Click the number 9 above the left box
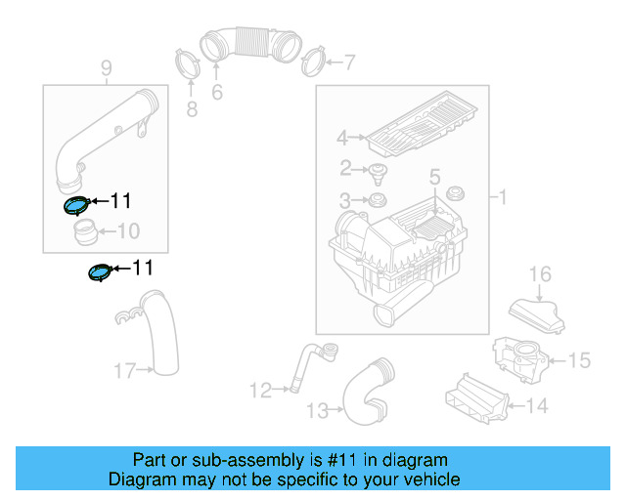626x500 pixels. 107,68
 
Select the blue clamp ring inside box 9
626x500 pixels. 75,205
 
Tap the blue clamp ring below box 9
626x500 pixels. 99,272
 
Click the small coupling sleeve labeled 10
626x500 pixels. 85,232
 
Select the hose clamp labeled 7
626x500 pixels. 313,62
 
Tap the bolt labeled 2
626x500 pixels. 376,176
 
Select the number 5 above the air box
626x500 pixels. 435,178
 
